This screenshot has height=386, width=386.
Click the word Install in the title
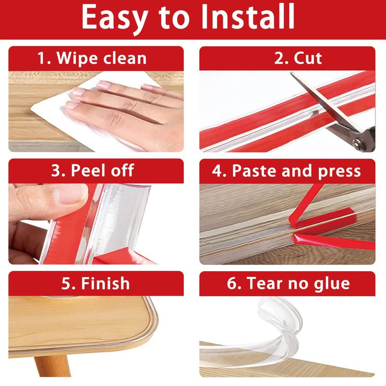(x=248, y=17)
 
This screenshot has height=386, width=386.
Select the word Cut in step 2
(x=308, y=58)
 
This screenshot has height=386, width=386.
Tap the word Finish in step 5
(x=105, y=283)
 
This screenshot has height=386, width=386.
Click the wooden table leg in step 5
(x=53, y=366)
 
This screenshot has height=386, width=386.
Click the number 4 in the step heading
(x=217, y=170)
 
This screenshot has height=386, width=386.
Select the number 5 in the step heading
(x=66, y=283)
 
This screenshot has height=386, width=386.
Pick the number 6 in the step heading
(x=232, y=283)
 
